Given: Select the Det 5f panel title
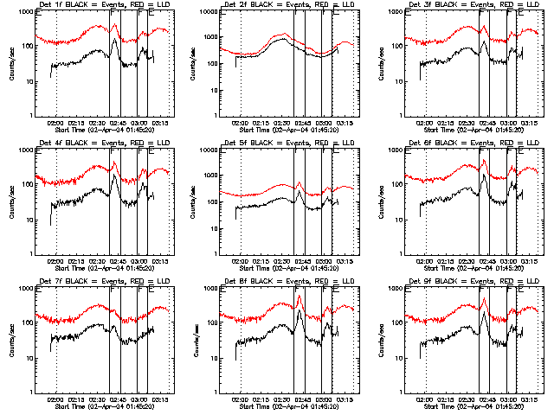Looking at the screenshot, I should pyautogui.click(x=284, y=143).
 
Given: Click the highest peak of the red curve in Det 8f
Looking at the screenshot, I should pyautogui.click(x=300, y=296).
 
